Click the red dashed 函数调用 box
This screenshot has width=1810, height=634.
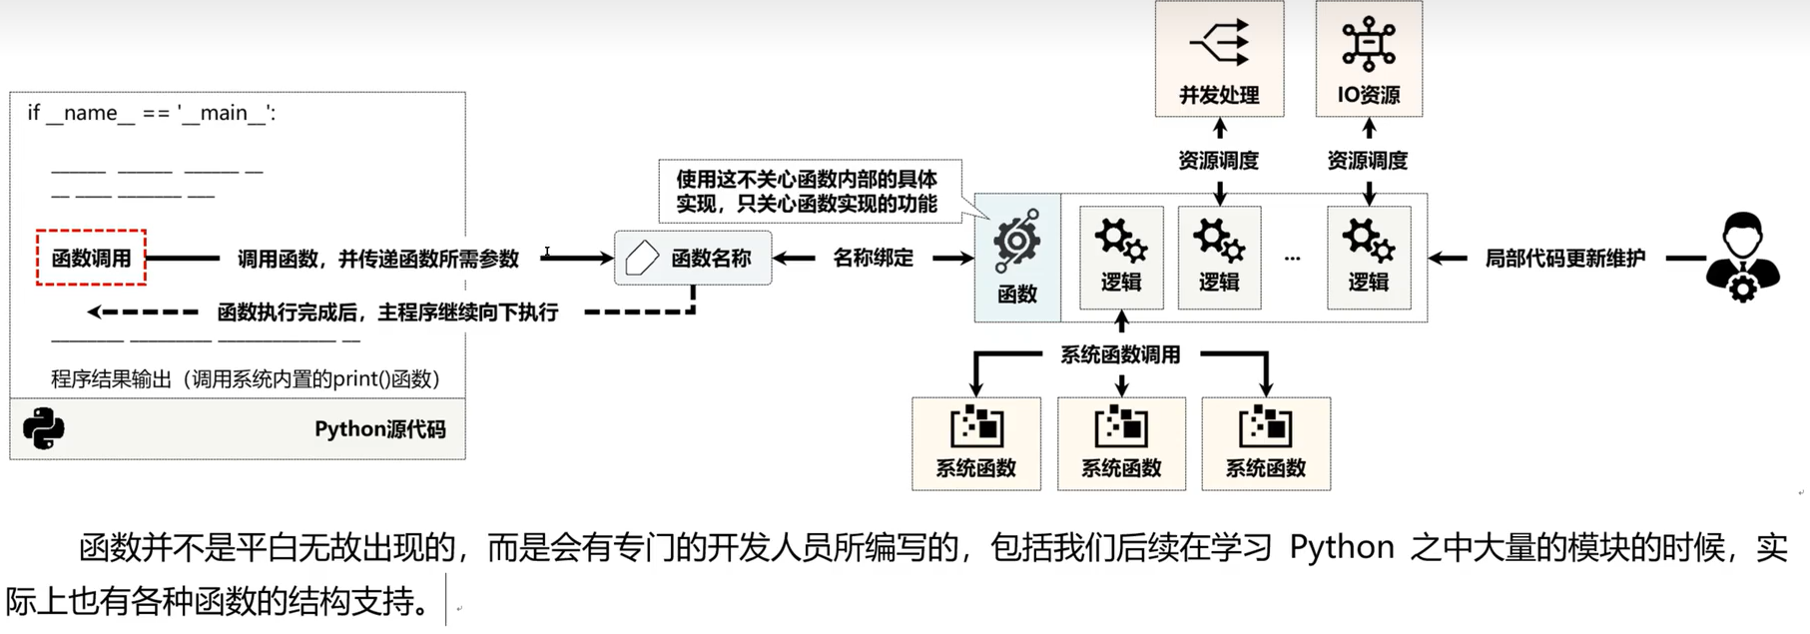(x=91, y=258)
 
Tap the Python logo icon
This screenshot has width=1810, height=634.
(x=43, y=429)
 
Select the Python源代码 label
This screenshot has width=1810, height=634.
(x=379, y=429)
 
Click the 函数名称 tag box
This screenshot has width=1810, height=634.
(x=693, y=258)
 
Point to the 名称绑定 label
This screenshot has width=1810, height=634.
(x=873, y=258)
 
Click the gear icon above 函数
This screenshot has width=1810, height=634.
(x=1017, y=241)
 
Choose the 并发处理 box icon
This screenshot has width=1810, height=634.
(x=1219, y=44)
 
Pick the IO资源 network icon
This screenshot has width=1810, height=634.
(x=1368, y=44)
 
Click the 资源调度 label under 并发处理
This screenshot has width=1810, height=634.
(x=1218, y=160)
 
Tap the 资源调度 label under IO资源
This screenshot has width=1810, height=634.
(x=1367, y=160)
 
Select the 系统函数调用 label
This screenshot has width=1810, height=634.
(x=1120, y=354)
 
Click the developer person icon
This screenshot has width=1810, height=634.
(x=1742, y=258)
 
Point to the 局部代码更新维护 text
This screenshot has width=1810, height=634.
(x=1564, y=258)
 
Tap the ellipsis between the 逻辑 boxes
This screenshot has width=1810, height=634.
(x=1293, y=259)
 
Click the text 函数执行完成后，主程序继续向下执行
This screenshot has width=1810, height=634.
(x=387, y=313)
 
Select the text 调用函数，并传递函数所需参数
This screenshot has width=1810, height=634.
(x=378, y=259)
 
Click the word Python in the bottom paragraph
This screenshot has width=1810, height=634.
(x=1342, y=547)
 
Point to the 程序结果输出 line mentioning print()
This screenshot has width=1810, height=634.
(x=246, y=378)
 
